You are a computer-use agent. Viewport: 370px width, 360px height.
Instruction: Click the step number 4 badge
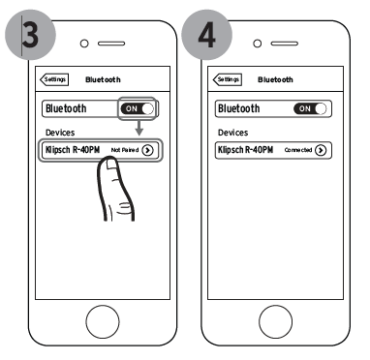pyautogui.click(x=206, y=36)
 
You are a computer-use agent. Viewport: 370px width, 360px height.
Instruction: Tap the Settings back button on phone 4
pyautogui.click(x=228, y=80)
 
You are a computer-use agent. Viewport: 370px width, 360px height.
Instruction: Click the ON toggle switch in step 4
pyautogui.click(x=311, y=108)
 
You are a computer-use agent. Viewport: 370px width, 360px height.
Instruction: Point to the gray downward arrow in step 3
pyautogui.click(x=139, y=129)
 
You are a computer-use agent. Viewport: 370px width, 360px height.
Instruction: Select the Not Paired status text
pyautogui.click(x=124, y=150)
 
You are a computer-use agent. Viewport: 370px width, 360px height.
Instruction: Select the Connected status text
pyautogui.click(x=296, y=150)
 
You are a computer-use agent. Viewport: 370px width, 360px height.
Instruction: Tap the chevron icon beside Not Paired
pyautogui.click(x=147, y=150)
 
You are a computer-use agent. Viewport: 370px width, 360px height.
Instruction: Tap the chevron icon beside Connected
pyautogui.click(x=321, y=150)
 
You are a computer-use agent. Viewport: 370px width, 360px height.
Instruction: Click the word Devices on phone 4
pyautogui.click(x=234, y=131)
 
